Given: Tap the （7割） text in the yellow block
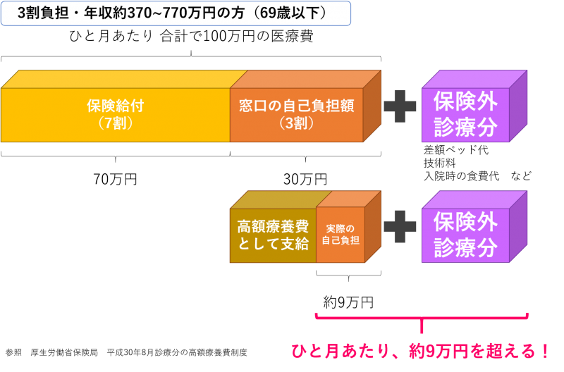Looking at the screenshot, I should pyautogui.click(x=116, y=123).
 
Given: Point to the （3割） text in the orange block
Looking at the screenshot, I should pyautogui.click(x=296, y=123).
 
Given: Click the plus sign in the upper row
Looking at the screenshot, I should pyautogui.click(x=400, y=106).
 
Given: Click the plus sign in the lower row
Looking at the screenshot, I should pyautogui.click(x=400, y=226).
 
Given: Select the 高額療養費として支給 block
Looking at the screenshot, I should pyautogui.click(x=273, y=235).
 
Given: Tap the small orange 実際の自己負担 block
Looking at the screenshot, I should pyautogui.click(x=341, y=235).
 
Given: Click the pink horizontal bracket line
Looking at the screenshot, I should pyautogui.click(x=422, y=318).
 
